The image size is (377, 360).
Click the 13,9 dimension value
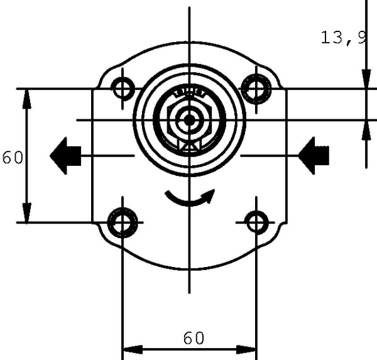343,38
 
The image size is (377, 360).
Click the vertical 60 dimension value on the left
13,158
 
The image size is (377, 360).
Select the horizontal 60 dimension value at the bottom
194,338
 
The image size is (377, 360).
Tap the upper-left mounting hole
123,89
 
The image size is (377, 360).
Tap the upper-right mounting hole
256,89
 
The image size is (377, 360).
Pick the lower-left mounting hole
123,222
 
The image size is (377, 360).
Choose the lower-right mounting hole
256,222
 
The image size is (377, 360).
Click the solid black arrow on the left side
65,156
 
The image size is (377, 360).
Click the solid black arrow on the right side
314,156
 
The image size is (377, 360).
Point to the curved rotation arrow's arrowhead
209,195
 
